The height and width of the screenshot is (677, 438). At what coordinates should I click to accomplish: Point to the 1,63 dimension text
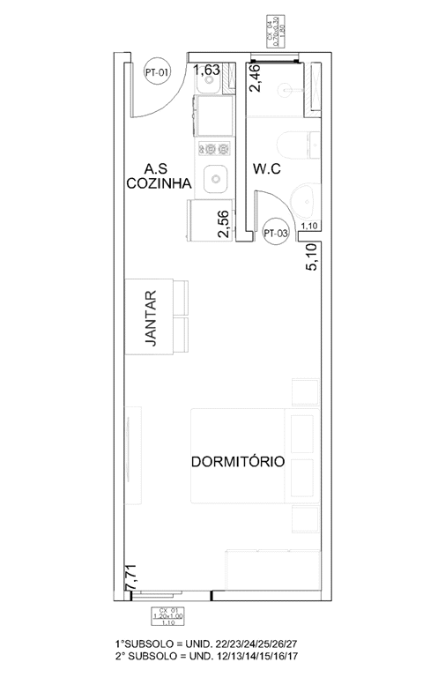coord(207,70)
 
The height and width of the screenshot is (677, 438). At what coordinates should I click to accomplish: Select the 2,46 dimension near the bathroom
coord(256,77)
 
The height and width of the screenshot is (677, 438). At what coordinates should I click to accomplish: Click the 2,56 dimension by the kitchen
coord(224,224)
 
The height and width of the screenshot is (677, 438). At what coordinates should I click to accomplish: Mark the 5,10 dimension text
coord(311,258)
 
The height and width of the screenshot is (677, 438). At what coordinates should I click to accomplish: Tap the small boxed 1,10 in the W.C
coord(309,227)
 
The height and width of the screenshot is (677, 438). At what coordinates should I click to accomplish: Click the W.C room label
coord(266,169)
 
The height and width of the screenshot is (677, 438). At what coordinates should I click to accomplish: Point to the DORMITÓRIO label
coord(237,461)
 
